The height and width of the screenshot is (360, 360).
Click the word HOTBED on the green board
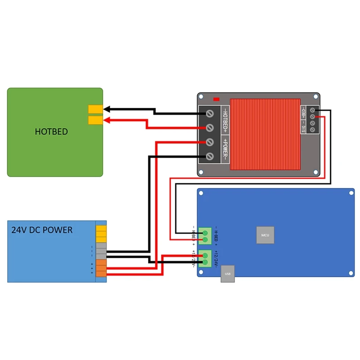[51, 132]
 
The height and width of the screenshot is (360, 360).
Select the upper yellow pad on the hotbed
[95, 109]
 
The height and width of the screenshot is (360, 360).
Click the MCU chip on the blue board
[265, 235]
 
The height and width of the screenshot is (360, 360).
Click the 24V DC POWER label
[41, 230]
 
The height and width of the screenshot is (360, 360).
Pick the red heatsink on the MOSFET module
[265, 134]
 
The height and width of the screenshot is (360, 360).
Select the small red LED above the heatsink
[216, 99]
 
